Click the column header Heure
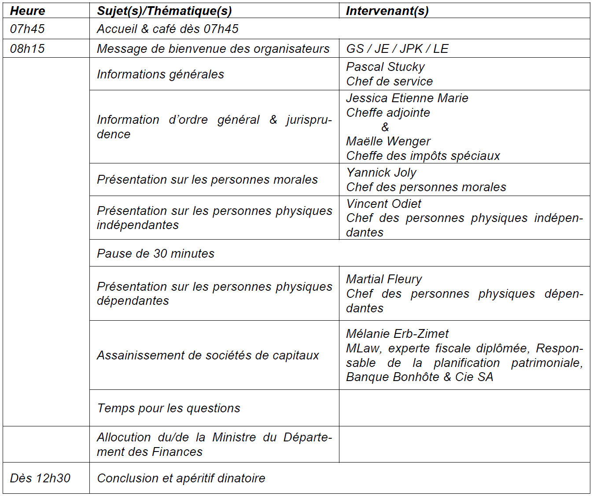coord(27,11)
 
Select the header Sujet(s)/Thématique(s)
coord(164,11)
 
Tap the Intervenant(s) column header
coord(387,11)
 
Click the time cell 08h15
coord(27,48)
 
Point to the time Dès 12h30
coord(40,478)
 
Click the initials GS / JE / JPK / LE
coord(397,48)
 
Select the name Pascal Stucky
coord(385,67)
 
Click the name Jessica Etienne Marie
coord(407,98)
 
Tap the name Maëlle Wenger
coord(388,141)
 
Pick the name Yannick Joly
coord(381,172)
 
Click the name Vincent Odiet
coord(383,204)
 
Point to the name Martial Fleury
coord(384,279)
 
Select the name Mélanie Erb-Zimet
coord(397,333)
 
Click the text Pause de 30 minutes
coord(155,253)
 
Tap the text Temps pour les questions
coord(169,408)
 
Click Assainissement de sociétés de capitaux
coord(208,355)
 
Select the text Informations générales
coord(160,74)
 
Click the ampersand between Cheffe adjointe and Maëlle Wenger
coord(385,127)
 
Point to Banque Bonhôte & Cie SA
coord(419,377)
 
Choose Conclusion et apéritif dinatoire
coord(181,478)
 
